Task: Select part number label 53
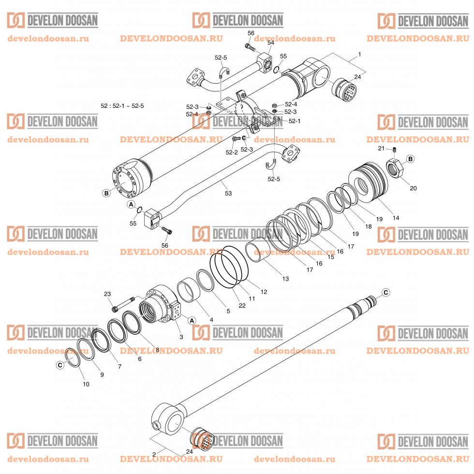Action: point(228,193)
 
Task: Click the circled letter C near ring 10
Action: point(60,365)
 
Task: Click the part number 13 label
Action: point(285,279)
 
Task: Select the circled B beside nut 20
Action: point(410,159)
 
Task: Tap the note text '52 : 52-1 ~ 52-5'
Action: point(123,105)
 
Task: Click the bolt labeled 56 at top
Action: point(250,47)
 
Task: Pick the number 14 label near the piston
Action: point(396,218)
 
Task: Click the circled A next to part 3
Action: point(192,320)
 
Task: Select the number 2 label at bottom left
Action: point(154,454)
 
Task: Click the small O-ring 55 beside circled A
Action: point(139,210)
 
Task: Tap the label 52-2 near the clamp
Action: point(232,152)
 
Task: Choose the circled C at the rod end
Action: point(385,292)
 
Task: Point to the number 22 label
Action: point(242,305)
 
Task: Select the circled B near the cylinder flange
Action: point(106,193)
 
